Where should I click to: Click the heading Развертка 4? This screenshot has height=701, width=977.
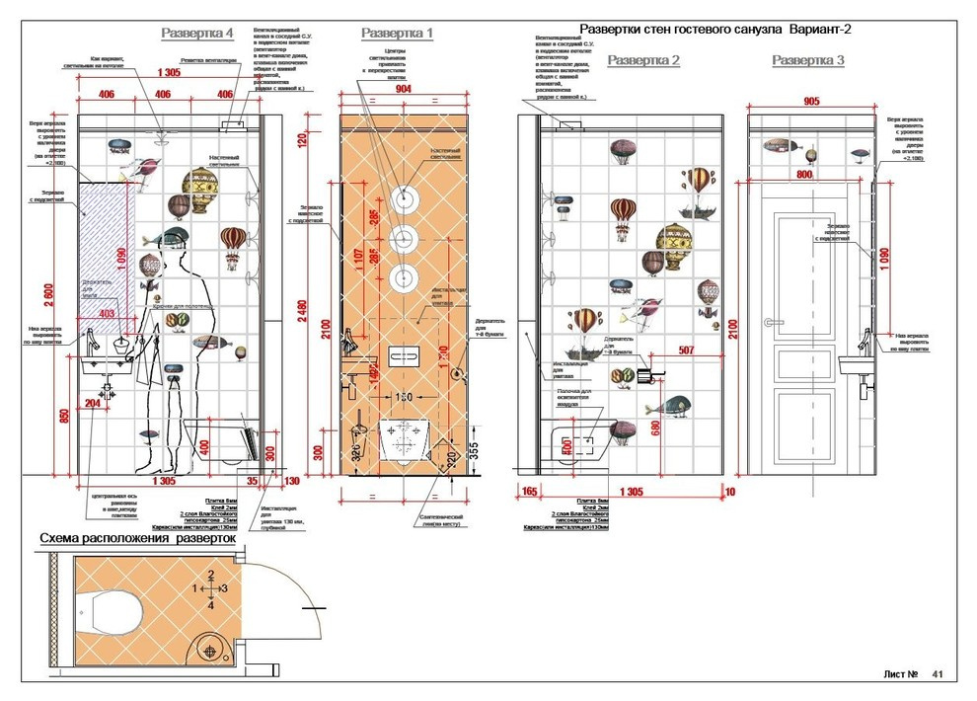click(x=196, y=34)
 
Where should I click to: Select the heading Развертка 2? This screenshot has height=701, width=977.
click(x=643, y=60)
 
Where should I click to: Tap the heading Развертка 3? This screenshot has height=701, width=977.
click(x=808, y=60)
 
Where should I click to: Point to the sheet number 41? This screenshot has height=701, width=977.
click(x=938, y=674)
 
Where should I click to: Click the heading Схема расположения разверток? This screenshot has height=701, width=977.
click(x=137, y=539)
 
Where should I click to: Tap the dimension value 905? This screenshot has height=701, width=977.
click(x=812, y=102)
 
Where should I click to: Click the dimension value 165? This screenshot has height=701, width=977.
click(x=528, y=490)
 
